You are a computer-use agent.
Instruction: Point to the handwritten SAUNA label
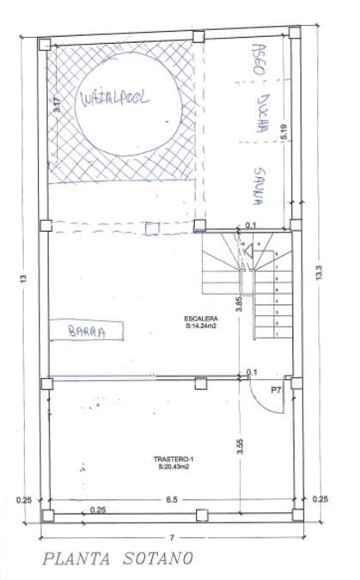point(258,186)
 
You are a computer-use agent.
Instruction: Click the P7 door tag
point(275,390)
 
